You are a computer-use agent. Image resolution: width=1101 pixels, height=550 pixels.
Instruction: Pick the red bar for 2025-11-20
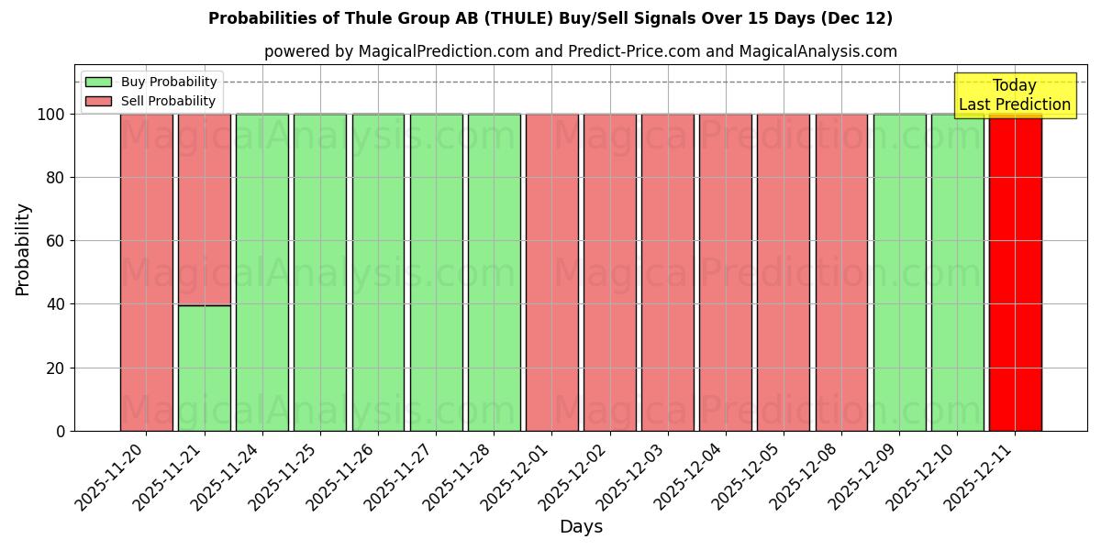click(x=147, y=272)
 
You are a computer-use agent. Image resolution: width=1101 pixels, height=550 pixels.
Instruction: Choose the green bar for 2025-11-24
click(x=262, y=272)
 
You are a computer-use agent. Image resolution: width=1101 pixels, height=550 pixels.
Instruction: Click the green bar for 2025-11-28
click(x=494, y=272)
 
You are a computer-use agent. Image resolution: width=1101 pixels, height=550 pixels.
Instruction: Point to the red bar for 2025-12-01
click(x=551, y=272)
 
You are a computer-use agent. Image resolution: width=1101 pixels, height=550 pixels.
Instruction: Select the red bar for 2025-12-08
click(x=841, y=272)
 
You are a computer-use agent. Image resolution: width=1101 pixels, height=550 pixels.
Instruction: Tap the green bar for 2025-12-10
click(x=957, y=272)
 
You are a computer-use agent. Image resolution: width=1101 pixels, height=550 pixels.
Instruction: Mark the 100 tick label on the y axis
click(x=50, y=115)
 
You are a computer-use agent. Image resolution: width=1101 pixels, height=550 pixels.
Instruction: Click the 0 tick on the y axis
click(x=60, y=432)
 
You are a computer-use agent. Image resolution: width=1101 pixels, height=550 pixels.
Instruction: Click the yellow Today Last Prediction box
click(x=1014, y=95)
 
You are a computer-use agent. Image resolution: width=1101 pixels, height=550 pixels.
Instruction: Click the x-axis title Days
click(x=581, y=527)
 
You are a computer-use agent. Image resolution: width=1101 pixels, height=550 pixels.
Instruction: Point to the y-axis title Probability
click(x=23, y=248)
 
